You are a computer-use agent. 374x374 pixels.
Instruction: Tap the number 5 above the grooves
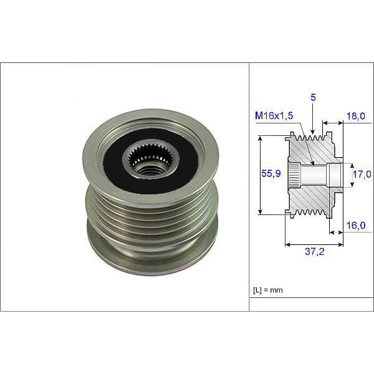point(312,98)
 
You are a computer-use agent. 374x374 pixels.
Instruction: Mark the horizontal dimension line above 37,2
point(312,245)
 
